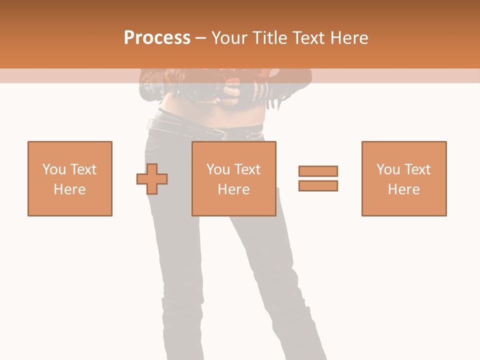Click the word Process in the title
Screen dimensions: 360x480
pyautogui.click(x=157, y=38)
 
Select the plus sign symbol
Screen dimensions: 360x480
pyautogui.click(x=152, y=179)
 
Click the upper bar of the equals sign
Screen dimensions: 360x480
pyautogui.click(x=318, y=171)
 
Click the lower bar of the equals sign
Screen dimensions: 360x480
pyautogui.click(x=318, y=185)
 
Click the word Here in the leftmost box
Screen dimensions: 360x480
pyautogui.click(x=70, y=189)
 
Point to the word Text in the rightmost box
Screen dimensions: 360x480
pyautogui.click(x=417, y=169)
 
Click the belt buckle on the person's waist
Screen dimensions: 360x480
pyautogui.click(x=218, y=133)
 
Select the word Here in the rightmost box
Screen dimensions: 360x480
pyautogui.click(x=404, y=189)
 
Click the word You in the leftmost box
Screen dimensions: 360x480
pyautogui.click(x=54, y=169)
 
